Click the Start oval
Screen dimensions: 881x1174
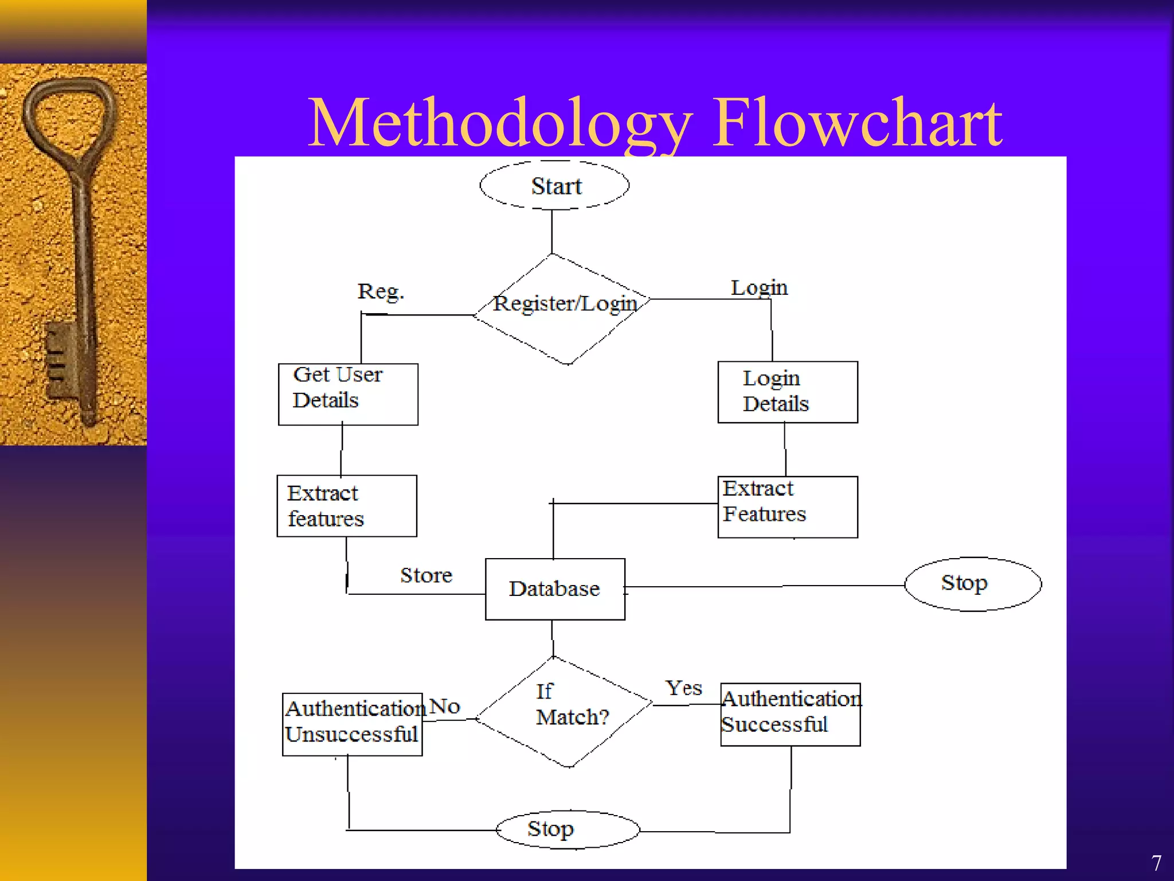pos(554,185)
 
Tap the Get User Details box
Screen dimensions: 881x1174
pos(348,394)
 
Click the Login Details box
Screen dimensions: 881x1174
pos(788,392)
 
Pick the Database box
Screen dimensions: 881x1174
pos(555,589)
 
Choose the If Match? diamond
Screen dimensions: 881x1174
pos(565,711)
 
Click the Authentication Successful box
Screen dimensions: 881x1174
pos(791,714)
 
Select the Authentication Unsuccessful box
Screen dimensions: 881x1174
pos(353,724)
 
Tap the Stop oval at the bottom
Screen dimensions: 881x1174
pos(568,829)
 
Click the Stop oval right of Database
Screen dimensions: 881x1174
pos(973,584)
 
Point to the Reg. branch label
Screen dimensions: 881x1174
pos(381,291)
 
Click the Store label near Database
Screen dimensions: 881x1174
pos(426,575)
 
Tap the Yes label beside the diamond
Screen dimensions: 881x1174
pos(683,688)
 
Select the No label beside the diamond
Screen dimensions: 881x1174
pos(444,706)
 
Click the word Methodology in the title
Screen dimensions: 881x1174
pos(499,123)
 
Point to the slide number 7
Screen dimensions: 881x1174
pos(1156,863)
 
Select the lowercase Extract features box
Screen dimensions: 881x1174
pos(347,506)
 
